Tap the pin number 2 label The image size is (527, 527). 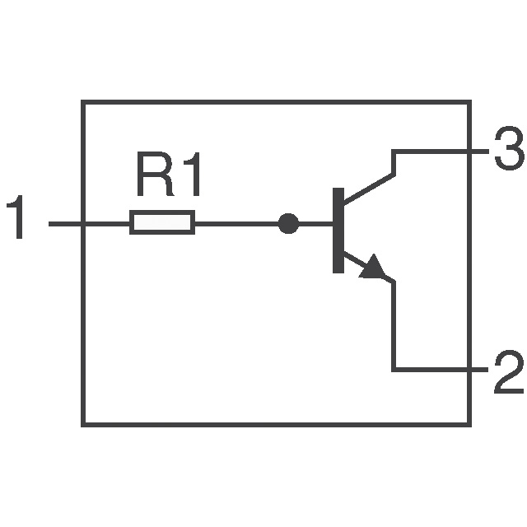[507, 372]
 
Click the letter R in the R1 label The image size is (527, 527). [153, 177]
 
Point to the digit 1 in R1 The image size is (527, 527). [189, 177]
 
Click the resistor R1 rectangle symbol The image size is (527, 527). [162, 223]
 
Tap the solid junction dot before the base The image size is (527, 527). [287, 223]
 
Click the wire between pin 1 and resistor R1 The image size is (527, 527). [91, 223]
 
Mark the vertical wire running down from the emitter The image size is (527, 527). [394, 325]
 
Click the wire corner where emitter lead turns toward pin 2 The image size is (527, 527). [394, 369]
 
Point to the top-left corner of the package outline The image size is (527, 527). [83, 102]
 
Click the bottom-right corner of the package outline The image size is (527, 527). [469, 424]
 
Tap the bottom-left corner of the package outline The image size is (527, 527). [83, 424]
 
